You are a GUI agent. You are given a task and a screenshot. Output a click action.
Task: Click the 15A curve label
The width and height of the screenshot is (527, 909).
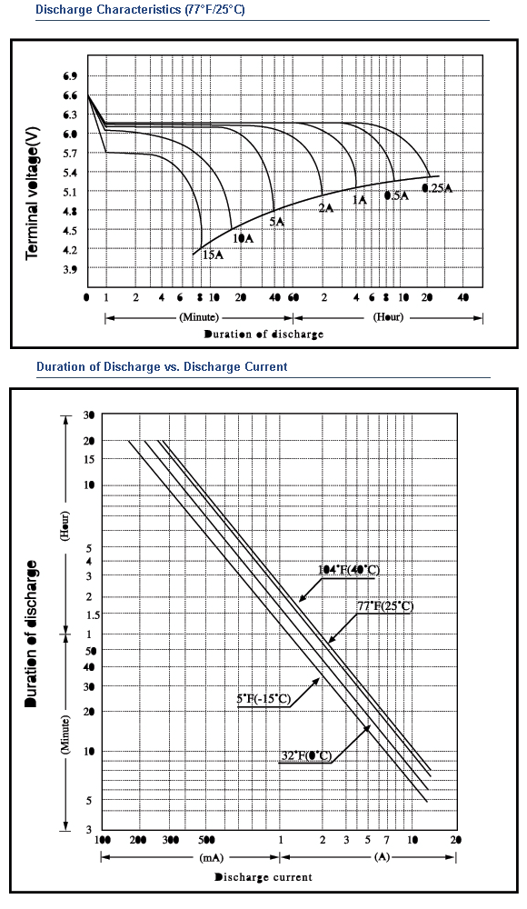tap(214, 254)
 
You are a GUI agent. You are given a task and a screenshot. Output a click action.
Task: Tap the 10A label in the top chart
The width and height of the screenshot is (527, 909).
tap(244, 238)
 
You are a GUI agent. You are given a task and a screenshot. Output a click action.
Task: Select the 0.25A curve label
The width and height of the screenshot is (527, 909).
tap(437, 188)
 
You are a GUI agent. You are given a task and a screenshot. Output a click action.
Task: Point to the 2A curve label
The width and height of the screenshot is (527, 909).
tap(326, 207)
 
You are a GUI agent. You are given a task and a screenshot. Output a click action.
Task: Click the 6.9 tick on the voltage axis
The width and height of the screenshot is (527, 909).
tap(70, 76)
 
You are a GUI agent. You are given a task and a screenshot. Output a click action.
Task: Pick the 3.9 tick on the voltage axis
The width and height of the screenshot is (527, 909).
tap(70, 269)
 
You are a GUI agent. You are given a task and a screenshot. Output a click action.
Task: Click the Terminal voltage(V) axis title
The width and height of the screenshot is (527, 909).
tap(33, 193)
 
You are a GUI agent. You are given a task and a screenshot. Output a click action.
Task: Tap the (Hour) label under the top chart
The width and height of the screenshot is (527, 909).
tap(389, 317)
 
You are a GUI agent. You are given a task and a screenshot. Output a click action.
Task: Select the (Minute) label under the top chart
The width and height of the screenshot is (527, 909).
tap(199, 317)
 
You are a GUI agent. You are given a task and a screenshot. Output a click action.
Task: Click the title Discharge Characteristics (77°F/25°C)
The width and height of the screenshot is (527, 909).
tap(140, 10)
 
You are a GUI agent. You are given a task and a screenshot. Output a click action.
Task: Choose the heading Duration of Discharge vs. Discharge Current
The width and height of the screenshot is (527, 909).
tap(162, 366)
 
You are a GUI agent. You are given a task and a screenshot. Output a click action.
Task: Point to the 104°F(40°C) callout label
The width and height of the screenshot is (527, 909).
tap(349, 570)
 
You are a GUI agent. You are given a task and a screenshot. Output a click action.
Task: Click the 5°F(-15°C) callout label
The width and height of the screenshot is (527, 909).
tap(263, 699)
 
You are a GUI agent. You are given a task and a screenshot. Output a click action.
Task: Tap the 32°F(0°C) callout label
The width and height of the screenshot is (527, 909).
tap(305, 756)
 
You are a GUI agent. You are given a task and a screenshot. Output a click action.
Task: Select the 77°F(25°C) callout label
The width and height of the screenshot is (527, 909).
tap(385, 606)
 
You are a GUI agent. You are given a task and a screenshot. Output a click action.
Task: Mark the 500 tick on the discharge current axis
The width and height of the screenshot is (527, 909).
tap(206, 840)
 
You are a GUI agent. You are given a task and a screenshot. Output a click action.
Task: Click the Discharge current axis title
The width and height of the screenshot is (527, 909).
tap(263, 877)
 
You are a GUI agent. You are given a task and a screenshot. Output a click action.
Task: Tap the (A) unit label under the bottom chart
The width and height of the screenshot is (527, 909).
tap(382, 857)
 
